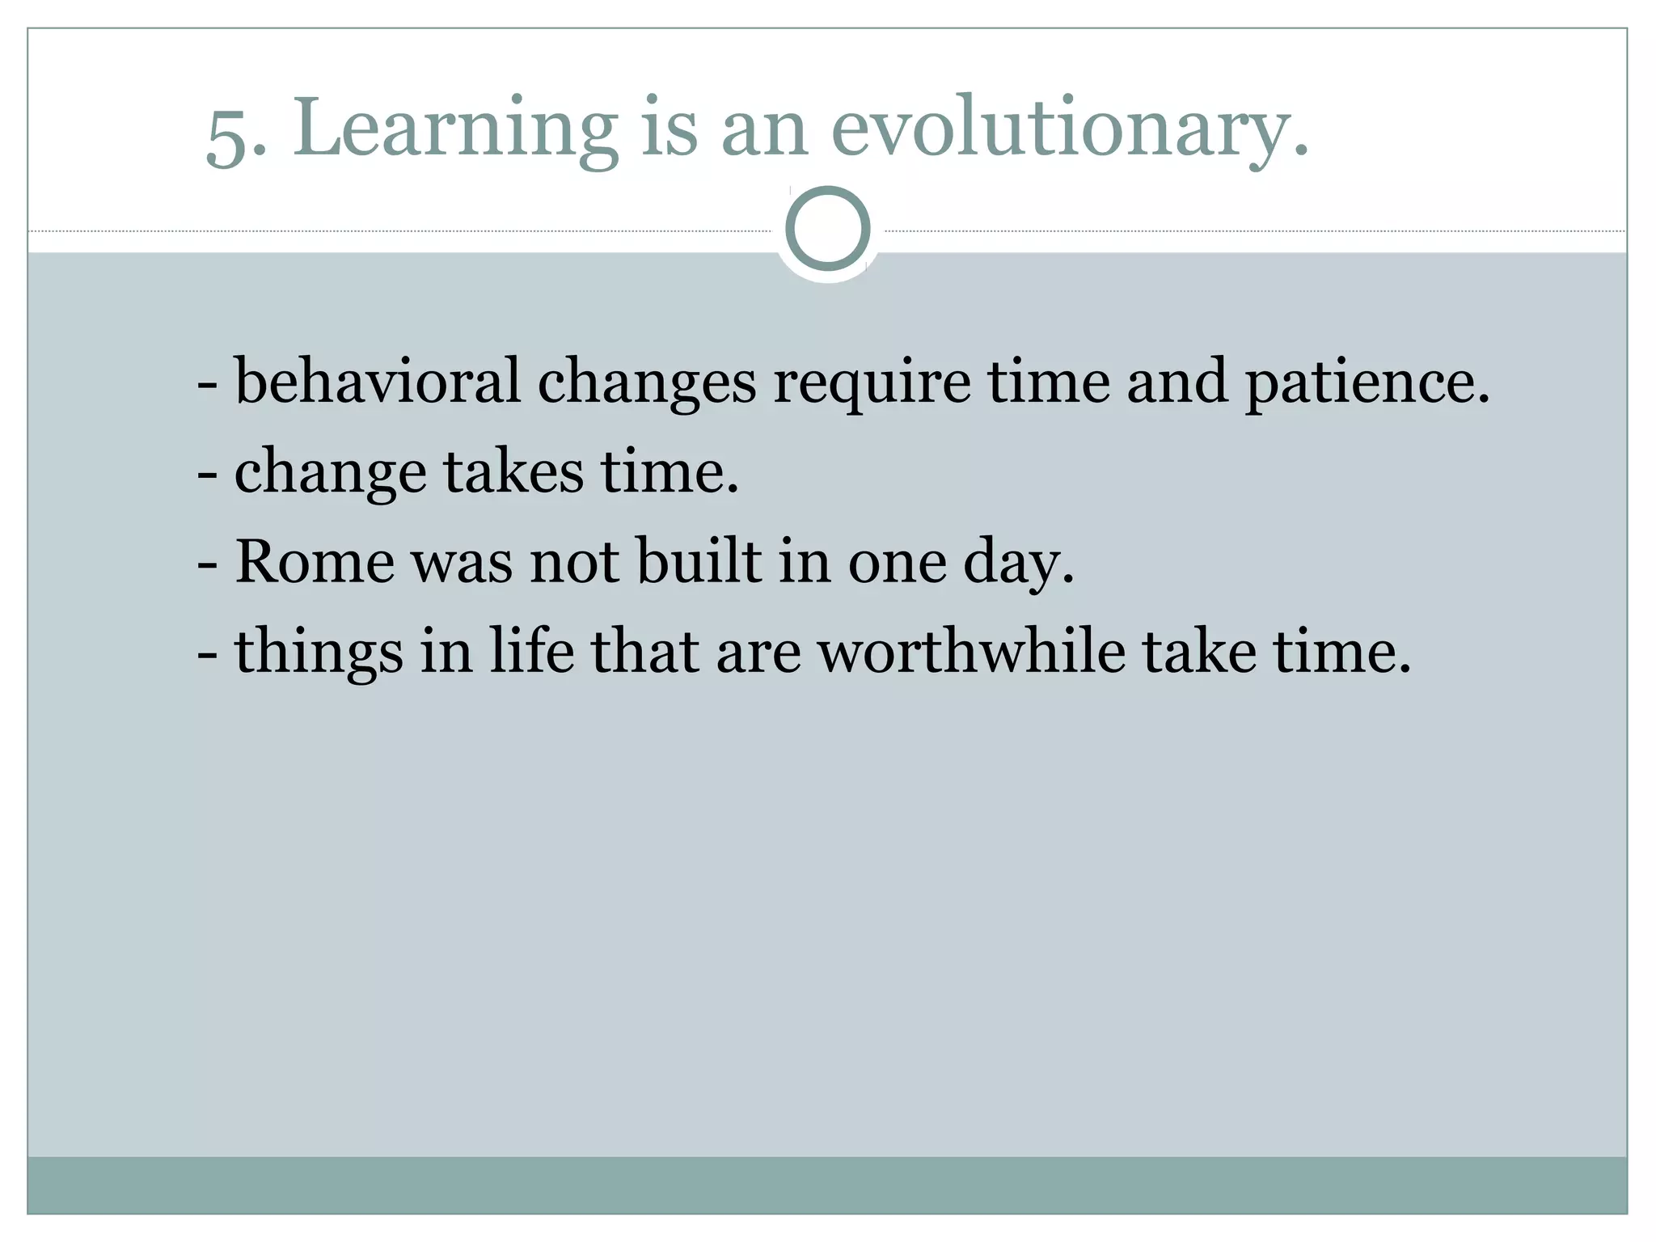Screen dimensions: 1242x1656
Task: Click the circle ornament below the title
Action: click(x=828, y=229)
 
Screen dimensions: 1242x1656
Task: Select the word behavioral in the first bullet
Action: click(x=377, y=381)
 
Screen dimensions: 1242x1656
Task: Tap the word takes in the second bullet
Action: click(x=513, y=471)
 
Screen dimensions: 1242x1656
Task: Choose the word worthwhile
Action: click(x=971, y=651)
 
